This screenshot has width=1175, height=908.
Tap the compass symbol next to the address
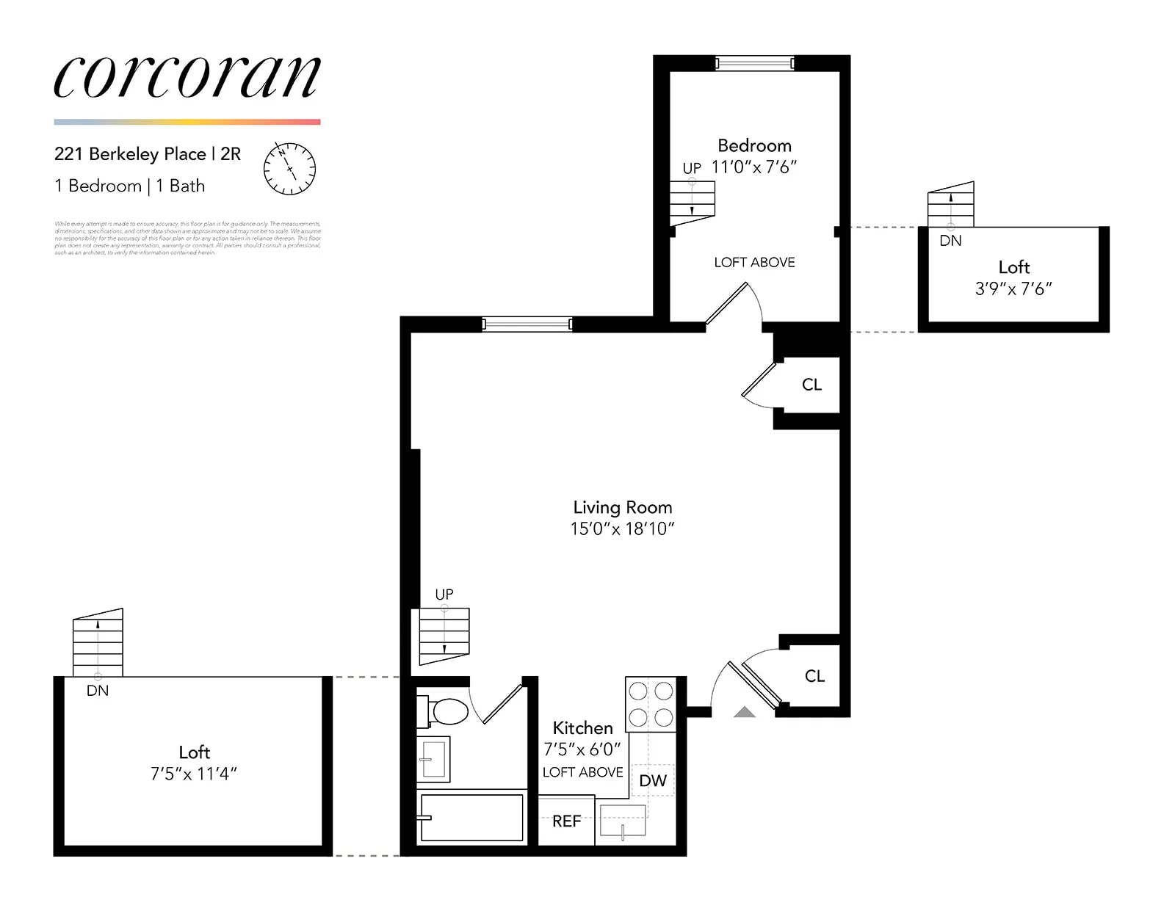[289, 169]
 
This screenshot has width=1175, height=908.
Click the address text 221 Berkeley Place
[130, 154]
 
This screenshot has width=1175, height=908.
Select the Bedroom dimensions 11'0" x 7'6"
[754, 167]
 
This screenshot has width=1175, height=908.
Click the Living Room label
[622, 507]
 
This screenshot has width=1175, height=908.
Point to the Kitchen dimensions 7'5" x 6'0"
[582, 749]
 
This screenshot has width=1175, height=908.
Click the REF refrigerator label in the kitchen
[566, 821]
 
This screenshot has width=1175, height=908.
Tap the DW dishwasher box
[652, 780]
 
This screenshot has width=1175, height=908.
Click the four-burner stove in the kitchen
[651, 704]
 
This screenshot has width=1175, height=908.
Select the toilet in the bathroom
[444, 711]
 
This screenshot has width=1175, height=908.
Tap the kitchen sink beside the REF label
[623, 821]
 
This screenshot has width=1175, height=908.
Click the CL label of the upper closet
[811, 385]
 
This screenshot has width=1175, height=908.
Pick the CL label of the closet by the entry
[814, 676]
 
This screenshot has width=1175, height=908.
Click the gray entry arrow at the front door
[745, 711]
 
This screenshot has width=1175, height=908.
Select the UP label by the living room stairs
[444, 594]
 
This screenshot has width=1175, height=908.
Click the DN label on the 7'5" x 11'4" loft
[98, 691]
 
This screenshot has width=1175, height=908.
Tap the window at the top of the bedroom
[755, 63]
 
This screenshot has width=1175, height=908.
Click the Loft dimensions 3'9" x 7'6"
[1013, 289]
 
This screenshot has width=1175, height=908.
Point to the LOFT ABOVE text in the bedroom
[754, 262]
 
